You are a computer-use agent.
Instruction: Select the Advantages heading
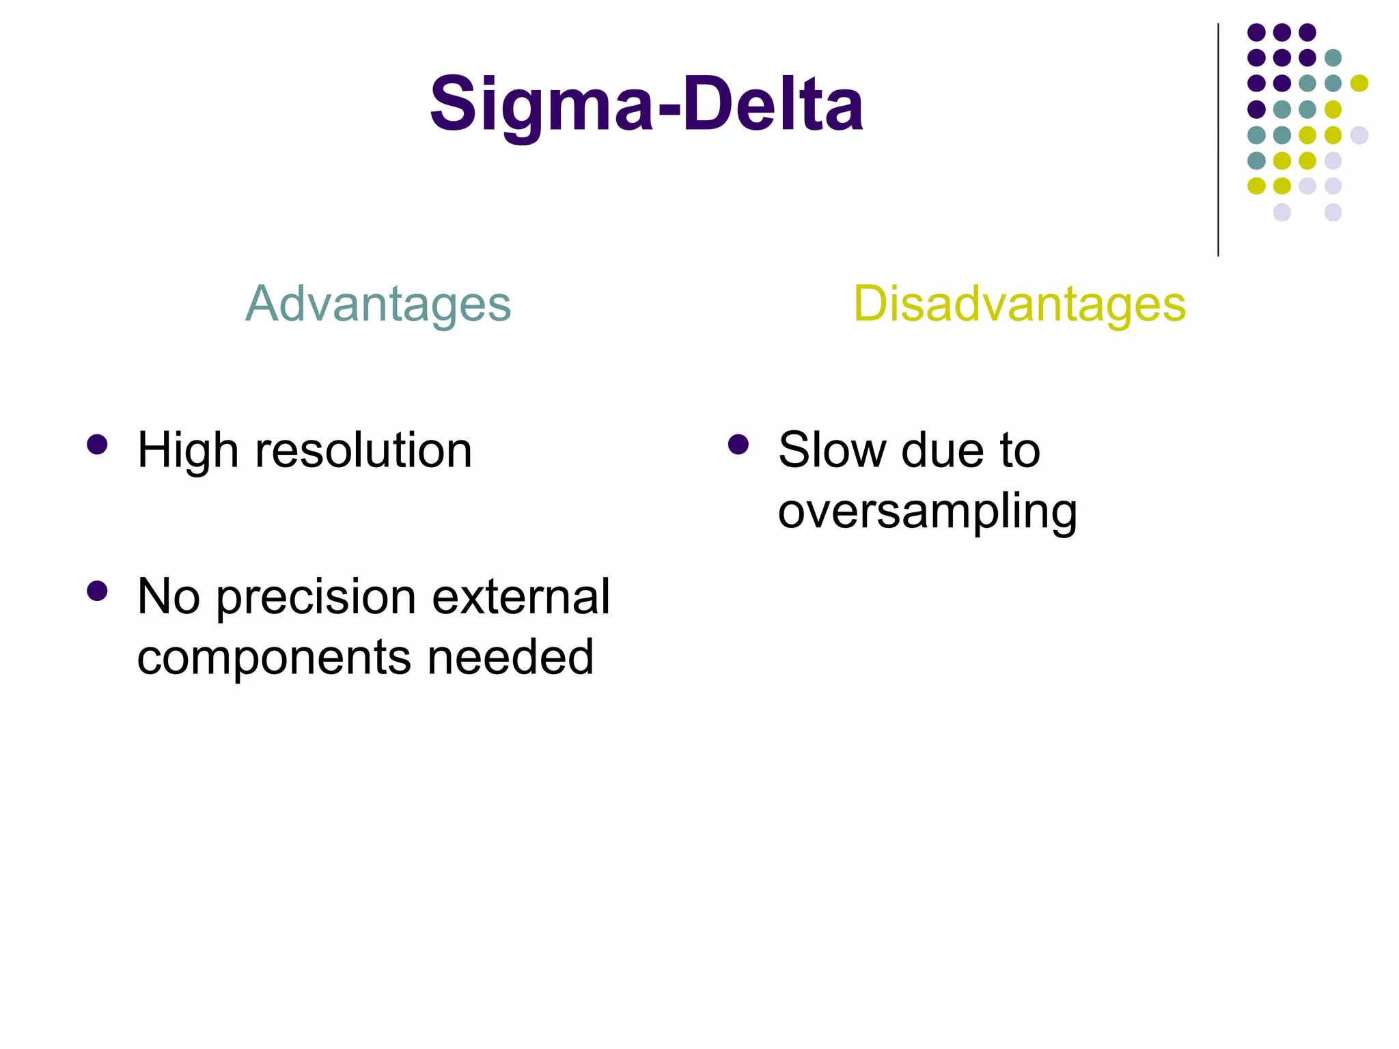click(378, 304)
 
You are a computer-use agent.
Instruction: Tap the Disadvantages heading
click(1019, 304)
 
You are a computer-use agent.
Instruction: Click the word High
click(188, 451)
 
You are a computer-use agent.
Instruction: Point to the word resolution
click(363, 451)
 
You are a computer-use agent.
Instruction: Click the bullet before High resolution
click(98, 445)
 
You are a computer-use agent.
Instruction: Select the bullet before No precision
click(98, 591)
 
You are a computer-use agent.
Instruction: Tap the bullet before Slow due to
click(738, 445)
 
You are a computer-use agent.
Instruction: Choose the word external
click(521, 596)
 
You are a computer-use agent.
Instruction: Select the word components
click(274, 658)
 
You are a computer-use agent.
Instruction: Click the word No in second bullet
click(169, 596)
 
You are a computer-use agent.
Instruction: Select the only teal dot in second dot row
click(1333, 58)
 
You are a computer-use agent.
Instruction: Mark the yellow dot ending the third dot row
click(1359, 83)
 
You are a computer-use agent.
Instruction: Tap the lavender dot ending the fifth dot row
click(1359, 135)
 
